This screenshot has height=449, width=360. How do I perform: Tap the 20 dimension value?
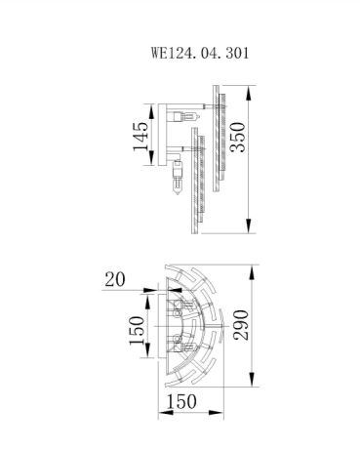coord(114,280)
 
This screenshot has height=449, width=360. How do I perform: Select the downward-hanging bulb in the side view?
coord(178,180)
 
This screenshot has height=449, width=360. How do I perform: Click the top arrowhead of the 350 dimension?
coord(251,85)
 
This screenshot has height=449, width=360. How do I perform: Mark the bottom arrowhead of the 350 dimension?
coord(251,230)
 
